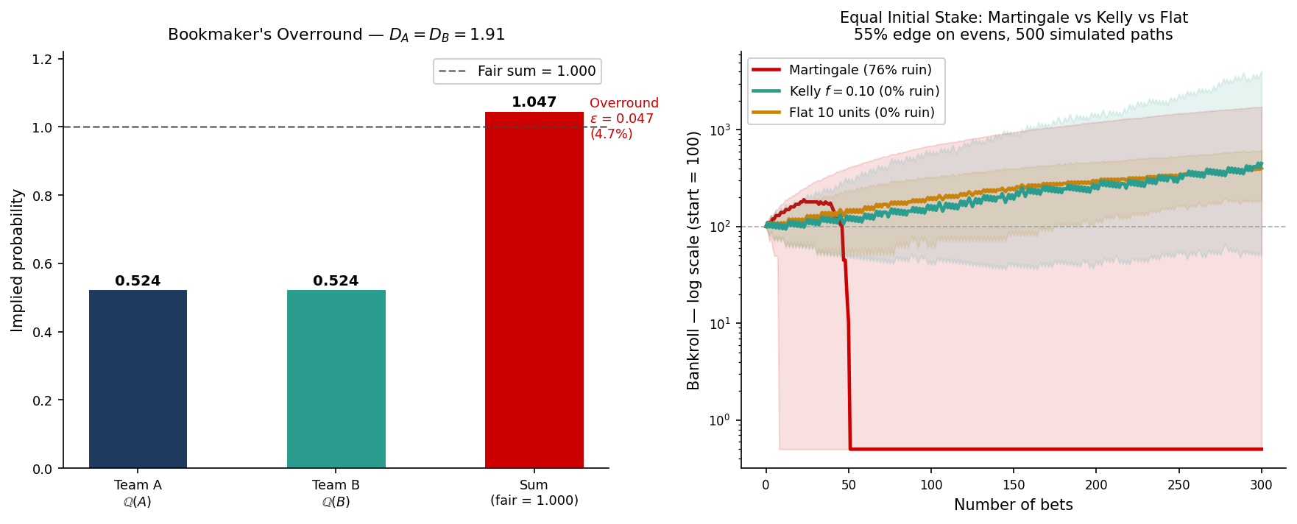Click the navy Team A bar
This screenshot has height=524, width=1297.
[x=138, y=379]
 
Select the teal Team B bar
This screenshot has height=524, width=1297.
[x=336, y=379]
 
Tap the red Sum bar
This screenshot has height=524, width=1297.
[x=534, y=290]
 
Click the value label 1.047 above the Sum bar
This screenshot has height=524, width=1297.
[x=534, y=102]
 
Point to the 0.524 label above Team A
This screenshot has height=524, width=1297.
[x=138, y=281]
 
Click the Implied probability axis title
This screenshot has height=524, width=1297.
[x=18, y=261]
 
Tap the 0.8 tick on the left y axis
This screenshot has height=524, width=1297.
[x=42, y=196]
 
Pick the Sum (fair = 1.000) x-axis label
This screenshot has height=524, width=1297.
[x=534, y=492]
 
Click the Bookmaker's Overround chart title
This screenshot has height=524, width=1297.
[x=336, y=35]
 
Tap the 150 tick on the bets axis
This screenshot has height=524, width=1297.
[x=1014, y=485]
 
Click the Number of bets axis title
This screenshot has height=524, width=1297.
[x=1013, y=505]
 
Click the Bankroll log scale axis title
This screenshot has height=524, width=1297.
[x=693, y=261]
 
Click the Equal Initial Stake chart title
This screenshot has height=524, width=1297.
[x=1013, y=26]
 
